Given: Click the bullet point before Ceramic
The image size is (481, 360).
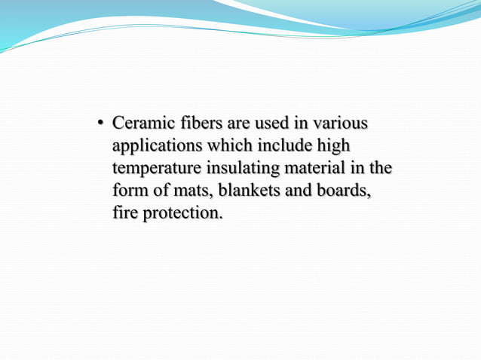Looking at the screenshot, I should (x=100, y=122).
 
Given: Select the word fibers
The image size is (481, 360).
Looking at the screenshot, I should (x=195, y=122).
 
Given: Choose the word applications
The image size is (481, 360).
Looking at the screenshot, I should (x=157, y=145).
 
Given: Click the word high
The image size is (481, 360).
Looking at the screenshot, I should (x=334, y=145).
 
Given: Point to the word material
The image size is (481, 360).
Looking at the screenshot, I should (x=317, y=167).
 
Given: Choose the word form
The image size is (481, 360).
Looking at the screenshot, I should (x=129, y=190).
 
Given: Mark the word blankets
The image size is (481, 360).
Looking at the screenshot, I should (x=248, y=190).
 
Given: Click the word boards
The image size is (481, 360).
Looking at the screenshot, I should (x=342, y=190).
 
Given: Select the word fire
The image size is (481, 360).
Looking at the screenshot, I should (x=125, y=212).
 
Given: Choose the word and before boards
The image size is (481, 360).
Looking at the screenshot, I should (x=296, y=190).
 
